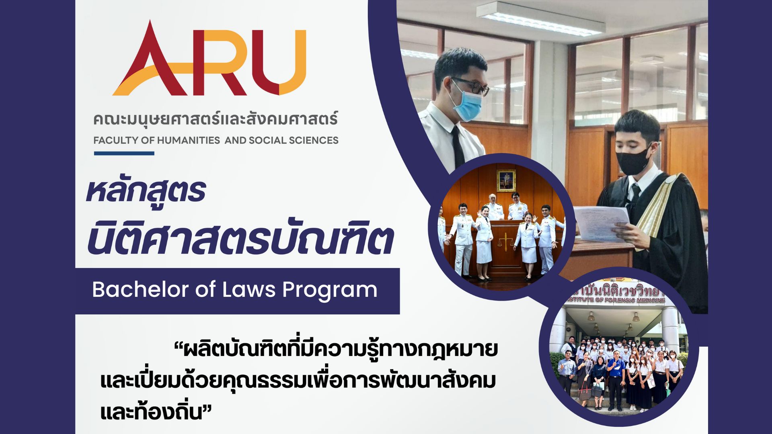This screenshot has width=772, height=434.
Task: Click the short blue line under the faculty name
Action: (124, 153)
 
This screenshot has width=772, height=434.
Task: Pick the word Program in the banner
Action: (330, 291)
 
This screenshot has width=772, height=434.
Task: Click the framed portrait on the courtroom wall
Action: (506, 181)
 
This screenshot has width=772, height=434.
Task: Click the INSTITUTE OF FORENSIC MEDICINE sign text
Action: (615, 300)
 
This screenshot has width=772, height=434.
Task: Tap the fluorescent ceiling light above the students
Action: (541, 18)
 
